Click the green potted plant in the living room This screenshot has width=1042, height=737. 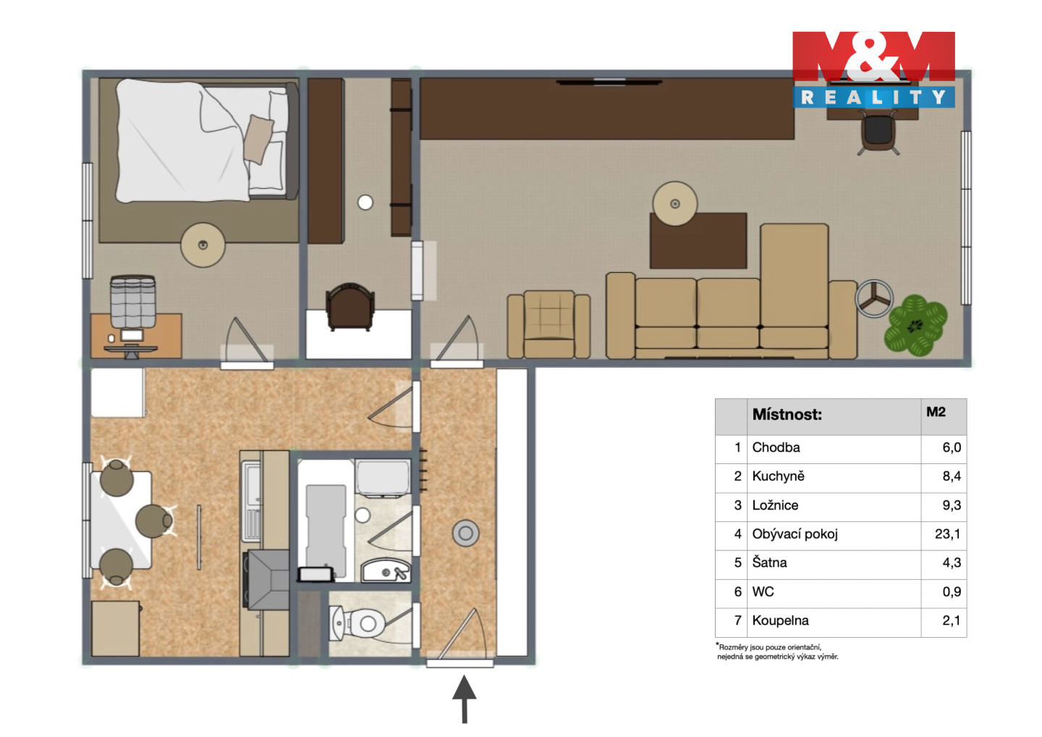(915, 325)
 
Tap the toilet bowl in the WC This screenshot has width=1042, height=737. (365, 623)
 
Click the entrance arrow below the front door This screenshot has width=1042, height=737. (465, 699)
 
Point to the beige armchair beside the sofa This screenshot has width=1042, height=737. (548, 324)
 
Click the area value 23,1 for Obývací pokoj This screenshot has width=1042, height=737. (948, 534)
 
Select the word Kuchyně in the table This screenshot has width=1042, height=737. (778, 476)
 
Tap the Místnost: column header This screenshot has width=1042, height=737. (787, 414)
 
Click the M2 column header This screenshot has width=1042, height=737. (936, 412)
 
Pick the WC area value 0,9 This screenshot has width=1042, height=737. (952, 591)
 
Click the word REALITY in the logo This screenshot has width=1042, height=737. (873, 97)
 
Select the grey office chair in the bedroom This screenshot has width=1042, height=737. (132, 301)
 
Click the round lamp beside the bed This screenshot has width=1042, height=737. (203, 245)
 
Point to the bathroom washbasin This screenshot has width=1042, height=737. (386, 570)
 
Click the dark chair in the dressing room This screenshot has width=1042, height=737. (350, 307)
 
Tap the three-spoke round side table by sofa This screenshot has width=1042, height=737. (874, 299)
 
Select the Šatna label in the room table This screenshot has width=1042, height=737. (769, 563)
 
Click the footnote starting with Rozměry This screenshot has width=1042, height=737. (777, 652)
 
